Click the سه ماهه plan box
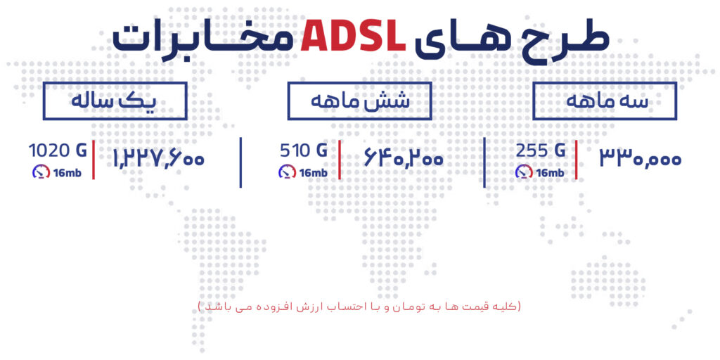point(605,101)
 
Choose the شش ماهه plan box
point(359,101)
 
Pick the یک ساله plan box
point(115,101)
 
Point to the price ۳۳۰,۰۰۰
point(641,159)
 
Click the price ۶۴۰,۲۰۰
point(404,159)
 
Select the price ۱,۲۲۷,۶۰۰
point(158,159)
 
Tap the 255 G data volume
point(540,151)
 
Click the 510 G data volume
point(304,151)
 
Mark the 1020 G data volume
point(58,150)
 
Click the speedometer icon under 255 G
point(523,172)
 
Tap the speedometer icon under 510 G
point(287,172)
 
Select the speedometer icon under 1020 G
point(41,172)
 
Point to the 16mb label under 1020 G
point(67,173)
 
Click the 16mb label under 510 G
point(313,173)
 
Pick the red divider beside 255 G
point(576,160)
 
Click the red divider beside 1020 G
point(94,160)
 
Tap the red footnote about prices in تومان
point(359,307)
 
